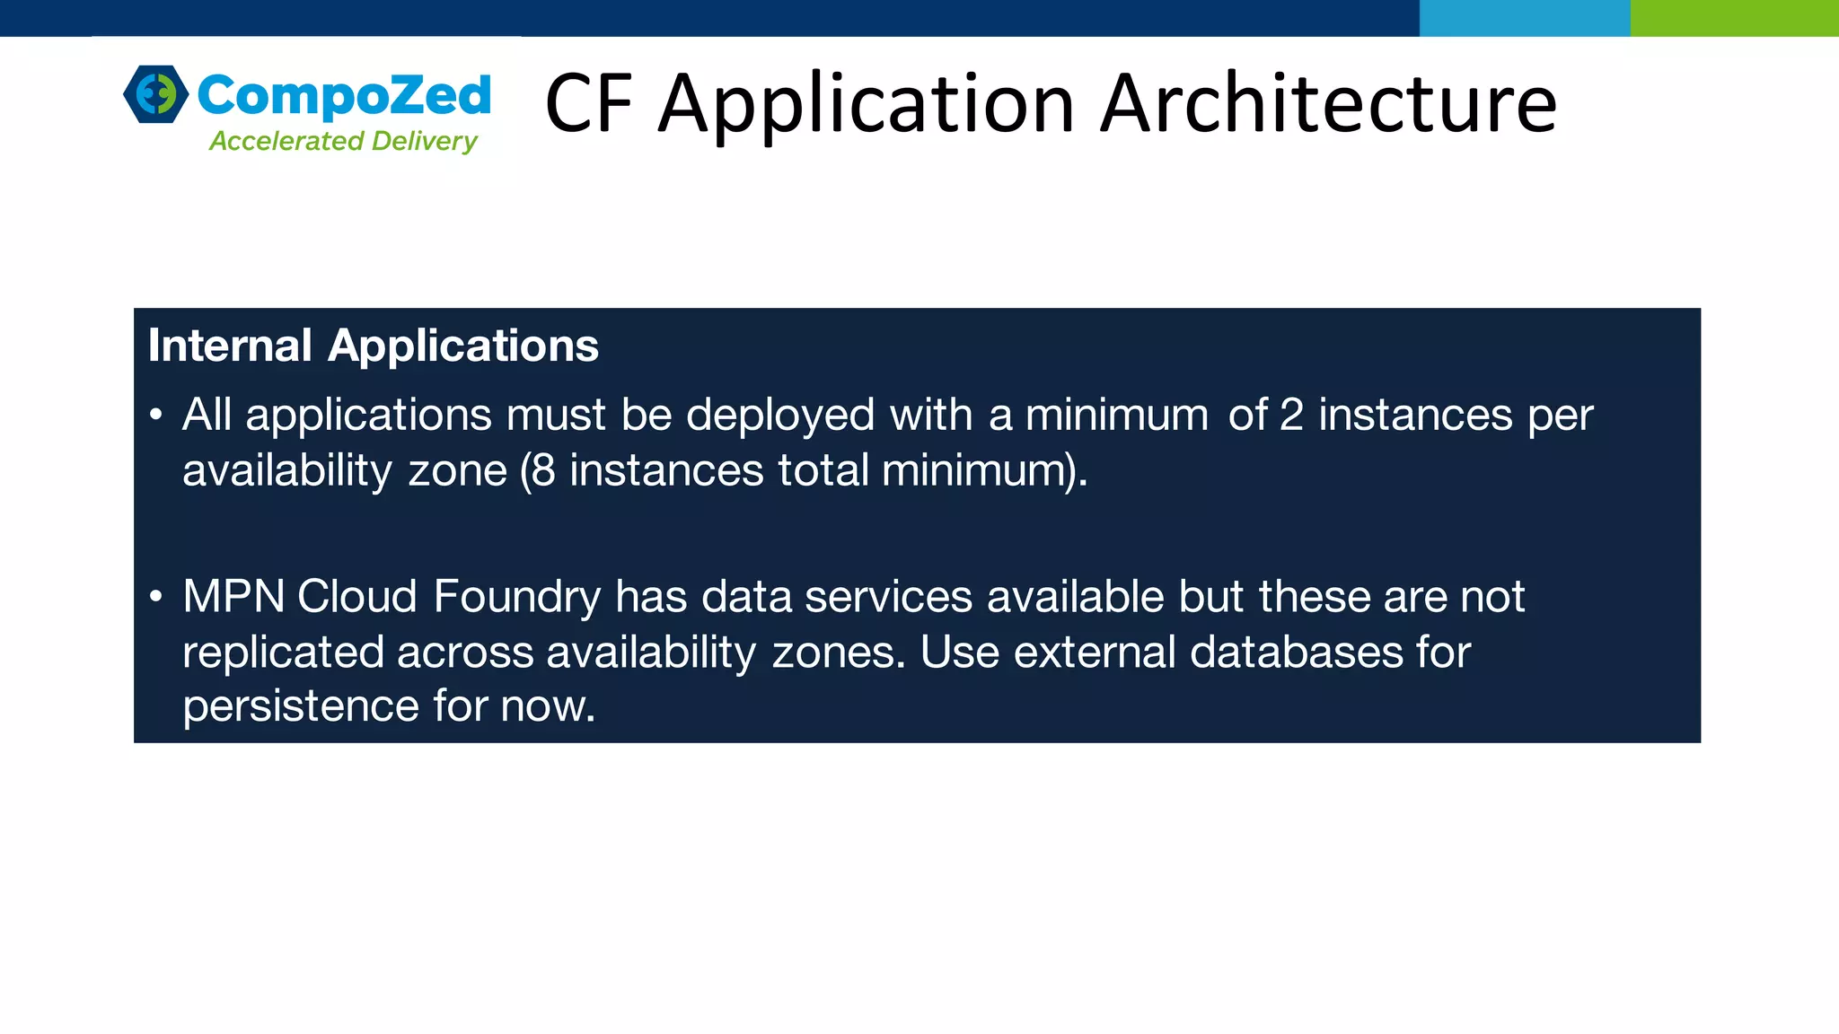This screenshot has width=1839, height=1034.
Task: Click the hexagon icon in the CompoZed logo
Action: click(x=156, y=93)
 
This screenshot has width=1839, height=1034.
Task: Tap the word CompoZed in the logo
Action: click(x=344, y=95)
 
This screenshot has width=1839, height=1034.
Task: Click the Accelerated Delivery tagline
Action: click(x=343, y=141)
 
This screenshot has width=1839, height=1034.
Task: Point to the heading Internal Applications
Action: click(x=373, y=346)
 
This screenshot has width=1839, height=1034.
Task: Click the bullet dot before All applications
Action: click(x=156, y=416)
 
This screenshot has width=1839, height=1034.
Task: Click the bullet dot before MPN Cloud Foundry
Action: click(x=156, y=597)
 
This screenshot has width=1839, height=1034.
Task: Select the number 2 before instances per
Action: click(x=1291, y=416)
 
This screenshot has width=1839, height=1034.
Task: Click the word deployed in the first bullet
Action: click(x=779, y=416)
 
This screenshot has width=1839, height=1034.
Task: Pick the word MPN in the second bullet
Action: click(x=233, y=597)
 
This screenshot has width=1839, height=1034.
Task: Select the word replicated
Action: click(x=283, y=653)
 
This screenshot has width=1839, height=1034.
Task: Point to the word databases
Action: click(x=1296, y=653)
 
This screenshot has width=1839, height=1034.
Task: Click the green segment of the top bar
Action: click(x=1734, y=18)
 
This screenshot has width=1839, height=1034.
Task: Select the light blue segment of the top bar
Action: click(x=1524, y=18)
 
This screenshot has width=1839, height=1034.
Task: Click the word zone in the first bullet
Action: click(x=457, y=471)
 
